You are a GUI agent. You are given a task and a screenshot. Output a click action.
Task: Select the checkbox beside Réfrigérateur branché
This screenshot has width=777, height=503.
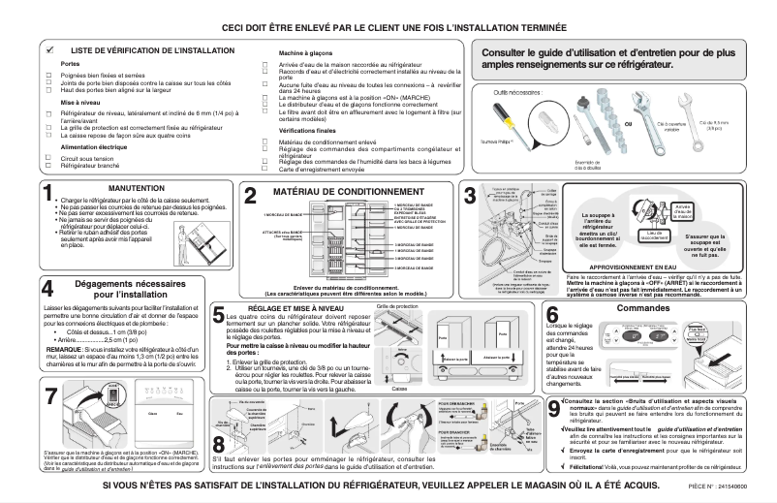click(48, 165)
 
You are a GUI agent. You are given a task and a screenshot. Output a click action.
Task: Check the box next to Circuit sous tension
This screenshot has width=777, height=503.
click(48, 158)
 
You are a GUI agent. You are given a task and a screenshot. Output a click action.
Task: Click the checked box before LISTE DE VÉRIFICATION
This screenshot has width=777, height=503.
click(49, 47)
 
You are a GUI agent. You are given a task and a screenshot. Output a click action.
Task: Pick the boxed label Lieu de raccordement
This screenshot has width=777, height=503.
click(653, 234)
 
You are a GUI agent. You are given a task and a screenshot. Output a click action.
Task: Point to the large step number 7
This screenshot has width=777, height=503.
click(51, 397)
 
